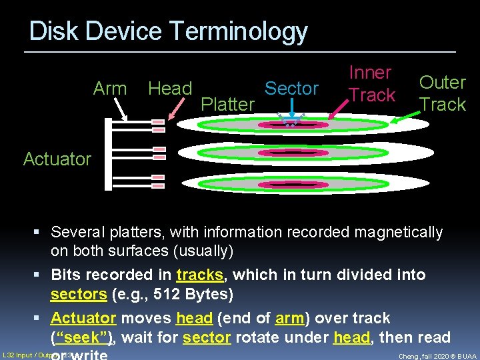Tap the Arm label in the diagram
pos(110,89)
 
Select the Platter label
pos(227,105)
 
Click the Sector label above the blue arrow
pos(292,89)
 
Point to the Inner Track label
pos(371,84)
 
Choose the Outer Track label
pos(442,93)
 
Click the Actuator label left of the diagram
pos(57,159)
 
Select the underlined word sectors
pos(79,295)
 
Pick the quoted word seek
pos(81,337)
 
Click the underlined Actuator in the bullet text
pos(83,318)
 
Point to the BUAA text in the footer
pos(465,356)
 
